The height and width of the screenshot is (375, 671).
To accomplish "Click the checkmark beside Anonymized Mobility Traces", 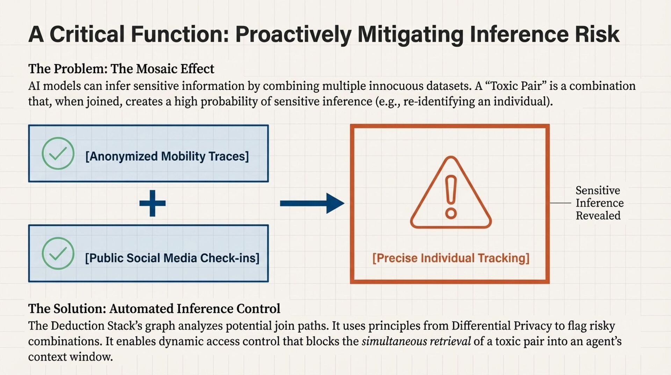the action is click(x=58, y=153).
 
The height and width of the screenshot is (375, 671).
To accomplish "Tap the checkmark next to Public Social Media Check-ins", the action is click(x=58, y=253).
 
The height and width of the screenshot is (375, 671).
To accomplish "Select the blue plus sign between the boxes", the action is click(x=152, y=203).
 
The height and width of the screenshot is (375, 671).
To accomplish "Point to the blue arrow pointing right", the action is click(x=312, y=203).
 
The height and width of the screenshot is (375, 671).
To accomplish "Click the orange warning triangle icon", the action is click(x=451, y=194).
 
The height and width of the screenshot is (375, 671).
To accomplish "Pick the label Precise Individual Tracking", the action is click(x=451, y=258).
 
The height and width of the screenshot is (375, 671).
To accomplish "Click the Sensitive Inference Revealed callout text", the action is click(x=599, y=203).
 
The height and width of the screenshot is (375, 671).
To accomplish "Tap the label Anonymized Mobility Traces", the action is click(x=167, y=156).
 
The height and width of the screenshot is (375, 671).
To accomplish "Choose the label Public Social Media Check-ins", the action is click(x=172, y=258).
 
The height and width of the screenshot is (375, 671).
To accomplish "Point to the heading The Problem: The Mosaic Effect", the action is click(x=121, y=69).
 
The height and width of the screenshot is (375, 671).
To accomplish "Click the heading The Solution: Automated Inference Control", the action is click(x=154, y=309).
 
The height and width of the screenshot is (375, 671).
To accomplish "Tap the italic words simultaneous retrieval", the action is click(x=416, y=341).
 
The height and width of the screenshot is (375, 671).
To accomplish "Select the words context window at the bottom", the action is click(x=70, y=357).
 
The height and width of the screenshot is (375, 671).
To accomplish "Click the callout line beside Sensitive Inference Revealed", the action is click(x=561, y=203).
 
